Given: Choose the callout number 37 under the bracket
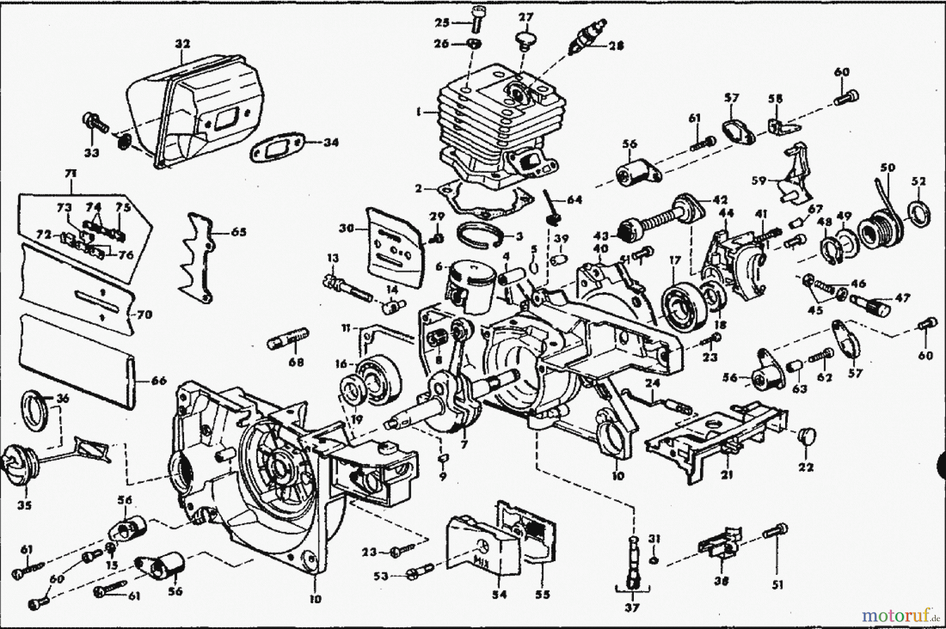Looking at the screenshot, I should tap(632, 608).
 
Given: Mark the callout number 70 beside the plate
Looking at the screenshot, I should tap(143, 315).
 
